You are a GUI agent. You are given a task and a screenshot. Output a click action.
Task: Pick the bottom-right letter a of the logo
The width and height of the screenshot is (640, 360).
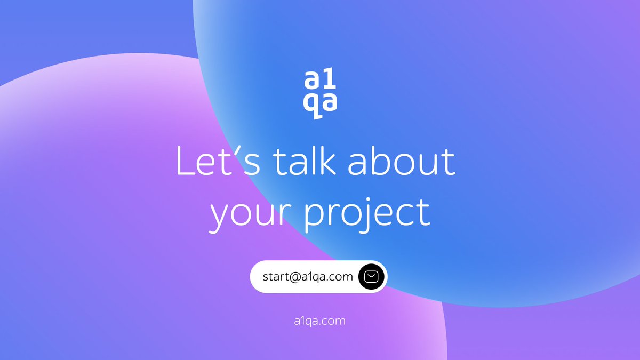[x=330, y=104]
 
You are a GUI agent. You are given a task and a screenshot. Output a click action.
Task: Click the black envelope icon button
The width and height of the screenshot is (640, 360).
[x=372, y=277]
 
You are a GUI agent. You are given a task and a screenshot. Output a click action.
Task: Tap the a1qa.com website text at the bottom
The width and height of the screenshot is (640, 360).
[x=320, y=321]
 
